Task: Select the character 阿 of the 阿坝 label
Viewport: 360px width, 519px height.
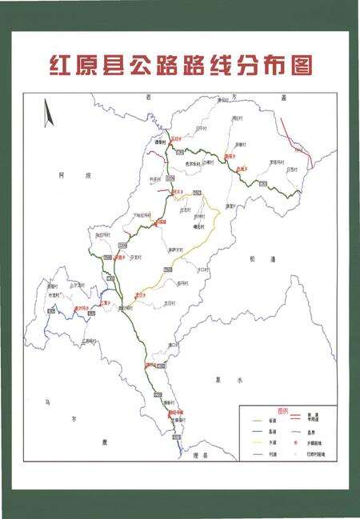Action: click(61, 173)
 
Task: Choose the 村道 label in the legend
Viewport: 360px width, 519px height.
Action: click(271, 454)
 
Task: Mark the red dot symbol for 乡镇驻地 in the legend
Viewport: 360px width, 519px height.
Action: click(295, 442)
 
